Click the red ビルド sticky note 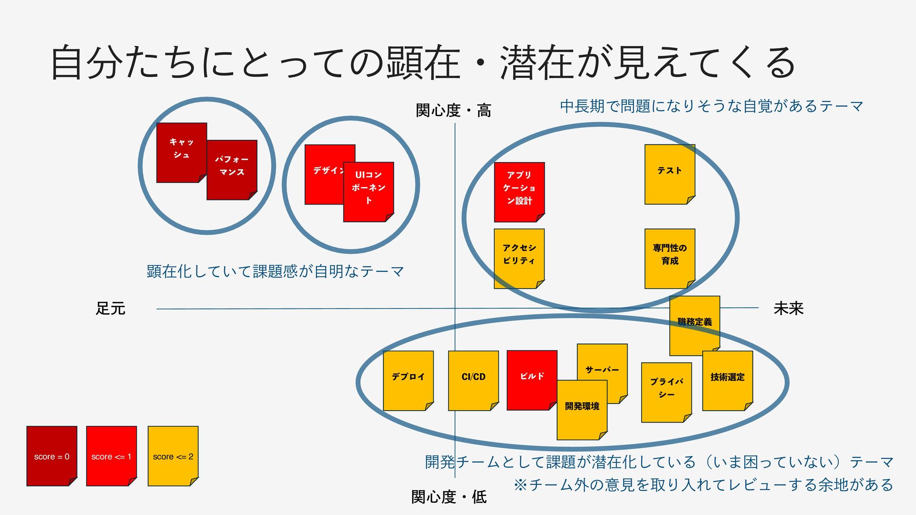point(531,376)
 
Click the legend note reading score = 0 point(52,456)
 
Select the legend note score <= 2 point(173,456)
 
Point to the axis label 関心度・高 point(453,111)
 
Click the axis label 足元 point(110,309)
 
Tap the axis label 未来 point(788,309)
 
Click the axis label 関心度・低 point(449,497)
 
